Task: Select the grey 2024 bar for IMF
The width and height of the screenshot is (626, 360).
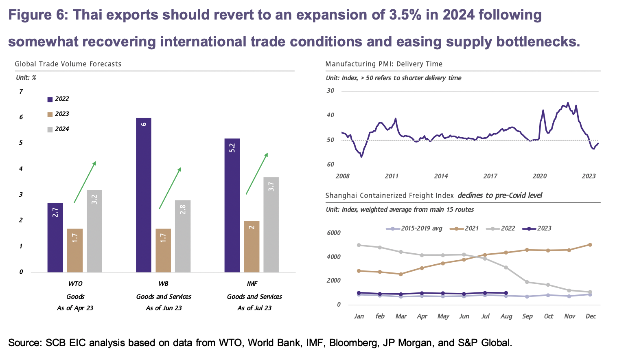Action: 271,224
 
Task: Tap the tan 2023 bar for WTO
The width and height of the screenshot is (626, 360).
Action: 75,250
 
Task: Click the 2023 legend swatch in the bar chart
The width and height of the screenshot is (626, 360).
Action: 50,114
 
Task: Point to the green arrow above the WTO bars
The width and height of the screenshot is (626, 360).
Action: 85,182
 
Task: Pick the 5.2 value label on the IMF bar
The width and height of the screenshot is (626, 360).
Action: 232,148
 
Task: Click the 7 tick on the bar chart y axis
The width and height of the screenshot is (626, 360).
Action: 21,92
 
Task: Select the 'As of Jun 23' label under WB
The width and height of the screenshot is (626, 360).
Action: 164,308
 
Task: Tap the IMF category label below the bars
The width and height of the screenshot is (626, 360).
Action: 252,283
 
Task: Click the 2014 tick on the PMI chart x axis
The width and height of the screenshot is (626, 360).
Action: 441,176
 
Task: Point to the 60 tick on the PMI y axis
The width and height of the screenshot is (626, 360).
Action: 330,165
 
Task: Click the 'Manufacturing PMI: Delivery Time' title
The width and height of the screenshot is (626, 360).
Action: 384,64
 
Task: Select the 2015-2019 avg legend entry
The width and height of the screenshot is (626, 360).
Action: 414,228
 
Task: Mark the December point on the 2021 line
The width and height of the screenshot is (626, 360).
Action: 590,245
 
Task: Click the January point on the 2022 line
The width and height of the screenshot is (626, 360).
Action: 359,245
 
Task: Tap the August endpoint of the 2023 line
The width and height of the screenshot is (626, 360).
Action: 506,293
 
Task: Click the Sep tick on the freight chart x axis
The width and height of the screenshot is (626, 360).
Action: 527,316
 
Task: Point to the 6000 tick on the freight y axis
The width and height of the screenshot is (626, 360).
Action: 333,233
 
